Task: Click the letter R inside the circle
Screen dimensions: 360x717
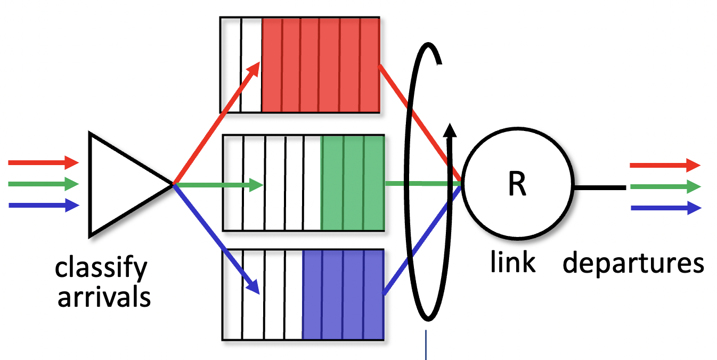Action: [x=517, y=184]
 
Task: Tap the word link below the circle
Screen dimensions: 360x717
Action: [x=512, y=262]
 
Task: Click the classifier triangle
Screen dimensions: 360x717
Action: [x=123, y=184]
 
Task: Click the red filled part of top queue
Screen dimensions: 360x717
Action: [x=320, y=65]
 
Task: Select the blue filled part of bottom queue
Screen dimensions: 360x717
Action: [x=343, y=294]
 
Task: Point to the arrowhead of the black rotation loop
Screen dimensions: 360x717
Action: [x=451, y=131]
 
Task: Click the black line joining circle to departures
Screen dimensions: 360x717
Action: [x=599, y=187]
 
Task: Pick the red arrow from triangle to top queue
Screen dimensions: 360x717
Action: [x=216, y=123]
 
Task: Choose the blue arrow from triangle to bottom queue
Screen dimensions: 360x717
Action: [x=216, y=239]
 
